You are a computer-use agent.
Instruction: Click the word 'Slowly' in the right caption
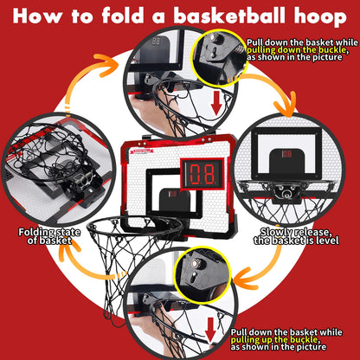coord(274,231)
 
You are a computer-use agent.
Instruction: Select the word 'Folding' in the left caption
coord(38,231)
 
